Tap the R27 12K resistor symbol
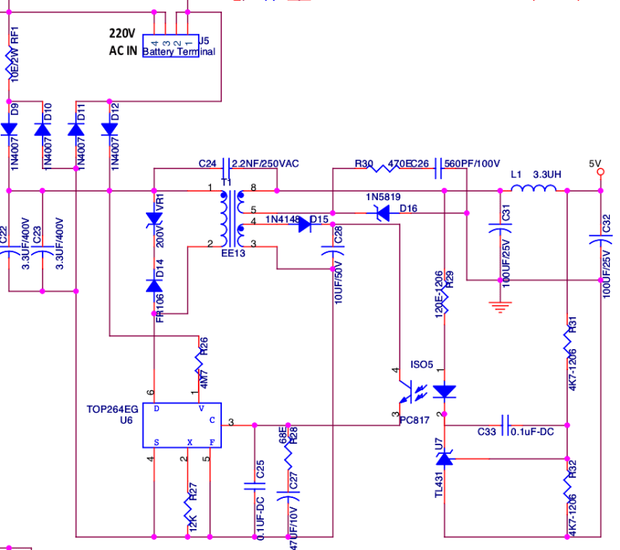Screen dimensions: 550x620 [x=188, y=509]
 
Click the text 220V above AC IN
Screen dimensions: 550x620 [x=122, y=34]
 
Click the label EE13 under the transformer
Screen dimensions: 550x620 [x=233, y=253]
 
